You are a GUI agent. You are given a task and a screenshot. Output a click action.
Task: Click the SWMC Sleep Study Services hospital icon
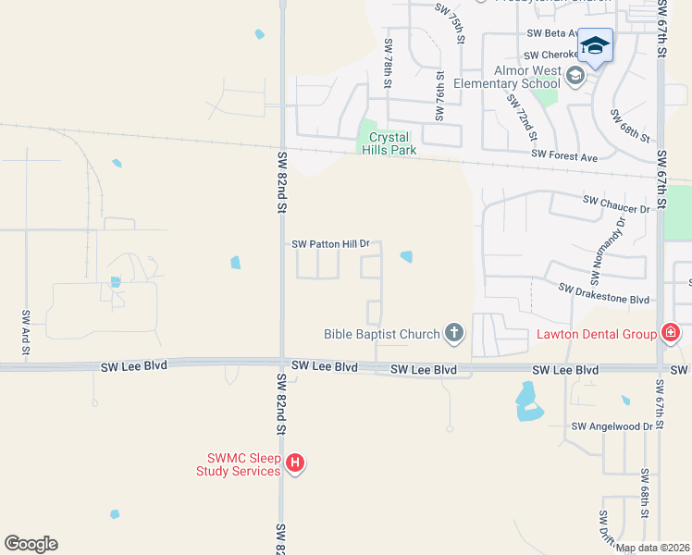295,462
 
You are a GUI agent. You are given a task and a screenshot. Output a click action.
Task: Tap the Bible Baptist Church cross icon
453,333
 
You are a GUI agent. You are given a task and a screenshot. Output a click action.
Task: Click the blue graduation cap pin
596,45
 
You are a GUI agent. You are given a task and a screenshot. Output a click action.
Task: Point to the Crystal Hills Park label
389,143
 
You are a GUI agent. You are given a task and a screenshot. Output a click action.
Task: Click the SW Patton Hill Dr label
330,244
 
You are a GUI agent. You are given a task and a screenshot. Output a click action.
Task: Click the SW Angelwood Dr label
612,426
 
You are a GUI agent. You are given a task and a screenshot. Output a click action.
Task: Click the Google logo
31,544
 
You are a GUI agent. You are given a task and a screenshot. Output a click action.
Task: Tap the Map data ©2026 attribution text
652,548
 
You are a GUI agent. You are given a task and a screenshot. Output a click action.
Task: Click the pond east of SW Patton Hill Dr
406,256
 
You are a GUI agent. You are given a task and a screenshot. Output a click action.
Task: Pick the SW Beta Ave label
553,33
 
